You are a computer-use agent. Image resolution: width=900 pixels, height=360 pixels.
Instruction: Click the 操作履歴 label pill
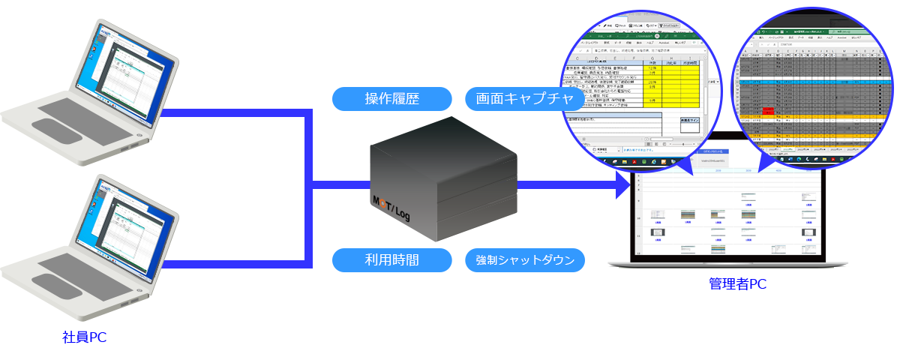pos(391,98)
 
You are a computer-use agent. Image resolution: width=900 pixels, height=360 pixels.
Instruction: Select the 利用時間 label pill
pos(391,260)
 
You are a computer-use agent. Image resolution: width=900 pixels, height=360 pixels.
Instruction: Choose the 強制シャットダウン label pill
pos(525,260)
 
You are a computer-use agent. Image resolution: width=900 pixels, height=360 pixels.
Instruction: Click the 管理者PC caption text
pos(737,284)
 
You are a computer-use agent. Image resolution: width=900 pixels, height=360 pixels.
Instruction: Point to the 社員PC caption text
pos(84,337)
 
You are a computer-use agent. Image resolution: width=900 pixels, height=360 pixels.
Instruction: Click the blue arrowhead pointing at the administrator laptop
pos(623,185)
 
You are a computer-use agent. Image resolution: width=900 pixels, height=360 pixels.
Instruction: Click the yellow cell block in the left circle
pos(682,85)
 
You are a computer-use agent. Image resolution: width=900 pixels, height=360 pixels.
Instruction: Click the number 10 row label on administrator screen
pos(638,219)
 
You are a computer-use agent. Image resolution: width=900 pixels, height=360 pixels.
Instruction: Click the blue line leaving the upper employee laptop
pos(232,113)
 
